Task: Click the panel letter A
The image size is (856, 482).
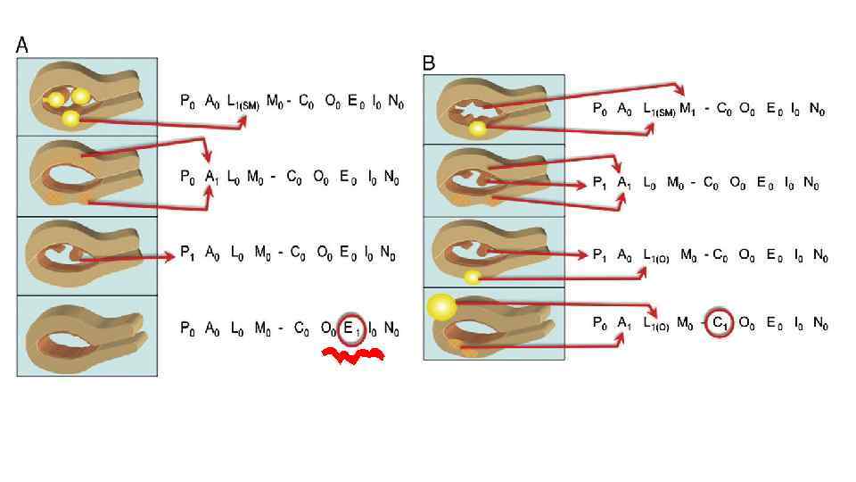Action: pos(22,45)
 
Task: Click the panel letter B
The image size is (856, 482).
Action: pos(429,63)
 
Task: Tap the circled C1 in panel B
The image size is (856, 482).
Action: pos(720,323)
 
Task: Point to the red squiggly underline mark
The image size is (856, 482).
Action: pos(353,357)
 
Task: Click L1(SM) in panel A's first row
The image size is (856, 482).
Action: pos(243,104)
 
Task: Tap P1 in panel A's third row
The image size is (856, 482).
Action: pos(187,254)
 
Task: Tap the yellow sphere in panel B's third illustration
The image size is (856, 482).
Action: pos(473,277)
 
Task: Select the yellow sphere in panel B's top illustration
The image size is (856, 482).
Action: pos(478,130)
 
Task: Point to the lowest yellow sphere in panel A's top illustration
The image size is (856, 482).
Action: pos(70,118)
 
